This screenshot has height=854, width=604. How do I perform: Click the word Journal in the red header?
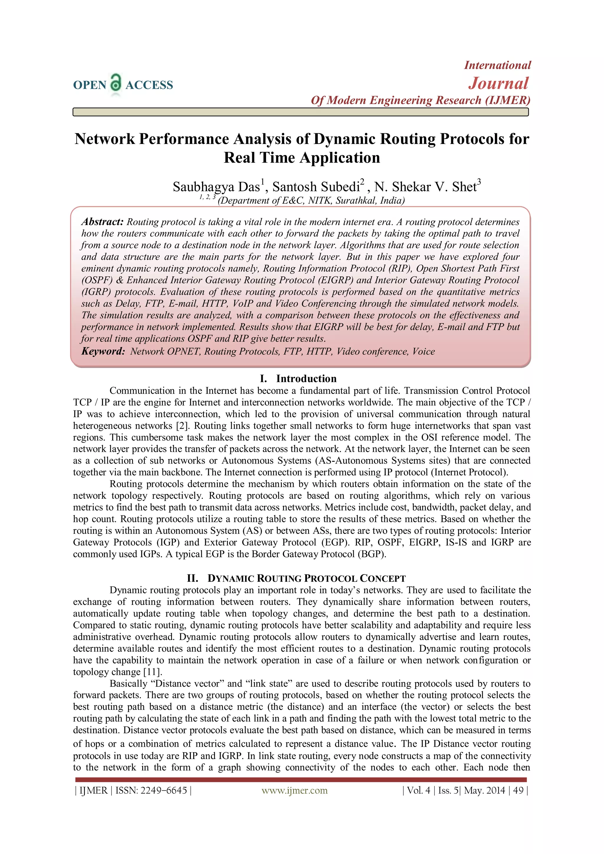[498, 83]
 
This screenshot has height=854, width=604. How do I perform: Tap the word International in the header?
[497, 65]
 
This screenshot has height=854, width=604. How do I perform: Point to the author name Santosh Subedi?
[316, 187]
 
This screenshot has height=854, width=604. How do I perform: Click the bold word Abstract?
[102, 222]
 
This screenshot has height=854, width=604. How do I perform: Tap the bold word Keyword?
[103, 352]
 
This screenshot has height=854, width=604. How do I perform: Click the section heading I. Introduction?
[298, 379]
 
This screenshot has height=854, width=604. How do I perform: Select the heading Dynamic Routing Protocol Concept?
[306, 578]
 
